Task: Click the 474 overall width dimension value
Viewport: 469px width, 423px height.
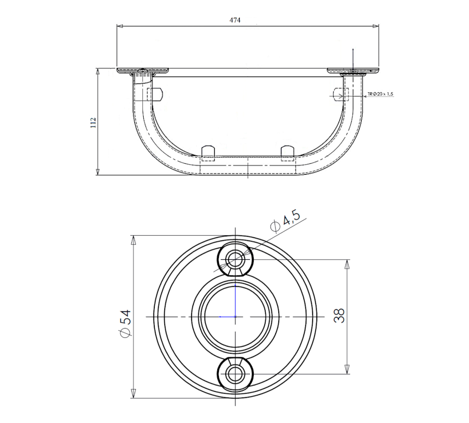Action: click(x=235, y=20)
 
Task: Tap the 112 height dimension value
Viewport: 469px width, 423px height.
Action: click(x=93, y=123)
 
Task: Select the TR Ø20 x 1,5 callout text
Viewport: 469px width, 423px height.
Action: click(x=381, y=94)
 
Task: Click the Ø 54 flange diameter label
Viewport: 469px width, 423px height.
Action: click(x=125, y=324)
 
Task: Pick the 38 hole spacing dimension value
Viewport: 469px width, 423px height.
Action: click(x=339, y=316)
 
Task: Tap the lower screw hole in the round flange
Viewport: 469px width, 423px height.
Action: click(x=235, y=374)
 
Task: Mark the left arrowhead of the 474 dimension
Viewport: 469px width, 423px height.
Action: click(x=119, y=27)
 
